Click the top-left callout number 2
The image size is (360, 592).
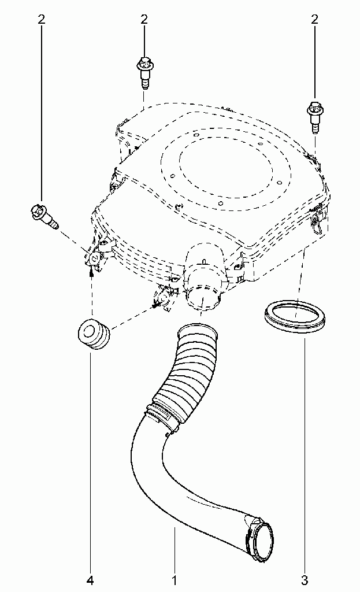tap(42, 20)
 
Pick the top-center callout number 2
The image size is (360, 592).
tap(144, 20)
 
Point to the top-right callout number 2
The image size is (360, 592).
tap(314, 20)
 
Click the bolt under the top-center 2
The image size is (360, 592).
tap(143, 72)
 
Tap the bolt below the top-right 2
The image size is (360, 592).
tap(314, 116)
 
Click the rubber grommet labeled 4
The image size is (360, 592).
tap(93, 334)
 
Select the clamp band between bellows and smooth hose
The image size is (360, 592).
tap(162, 419)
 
